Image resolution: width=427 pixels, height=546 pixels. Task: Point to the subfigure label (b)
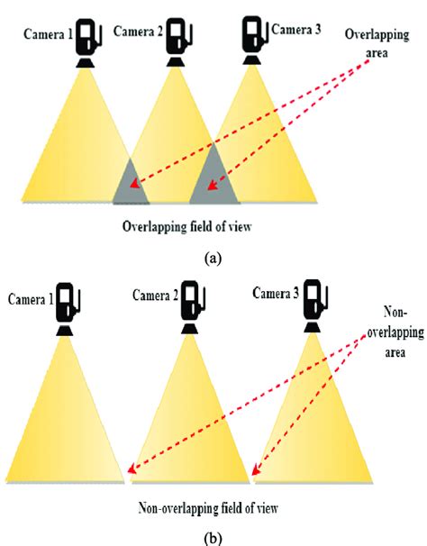click(x=213, y=537)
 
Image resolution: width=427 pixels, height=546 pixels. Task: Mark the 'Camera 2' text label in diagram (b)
click(x=156, y=295)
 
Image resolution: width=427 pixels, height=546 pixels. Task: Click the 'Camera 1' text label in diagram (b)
click(x=30, y=298)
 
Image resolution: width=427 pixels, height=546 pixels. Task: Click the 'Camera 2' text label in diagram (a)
click(x=134, y=33)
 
